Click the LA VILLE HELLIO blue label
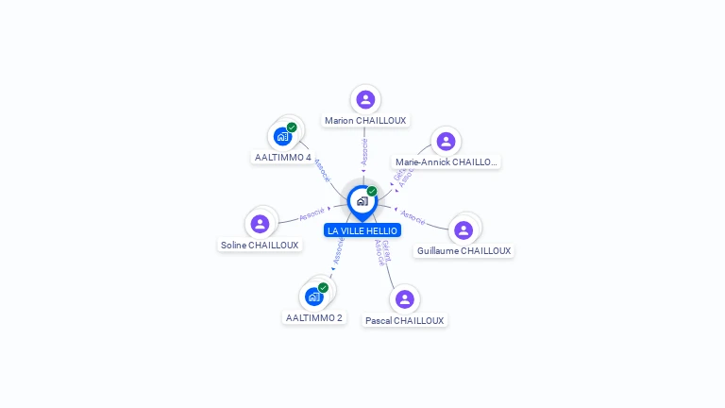362,230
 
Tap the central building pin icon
362,200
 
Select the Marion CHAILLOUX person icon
365,99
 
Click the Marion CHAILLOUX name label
365,121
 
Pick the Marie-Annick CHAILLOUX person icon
446,142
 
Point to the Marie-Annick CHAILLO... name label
446,162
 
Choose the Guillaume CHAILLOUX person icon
463,229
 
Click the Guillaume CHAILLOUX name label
464,251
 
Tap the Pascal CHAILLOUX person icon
405,298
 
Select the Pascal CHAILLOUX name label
405,321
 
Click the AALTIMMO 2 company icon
314,297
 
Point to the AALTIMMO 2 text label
314,318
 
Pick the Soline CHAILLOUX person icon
260,224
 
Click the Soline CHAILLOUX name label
260,246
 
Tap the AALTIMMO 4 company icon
282,136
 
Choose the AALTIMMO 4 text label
283,158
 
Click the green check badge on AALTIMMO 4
292,127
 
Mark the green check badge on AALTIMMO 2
323,287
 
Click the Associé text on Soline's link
312,214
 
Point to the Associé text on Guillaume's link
413,216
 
